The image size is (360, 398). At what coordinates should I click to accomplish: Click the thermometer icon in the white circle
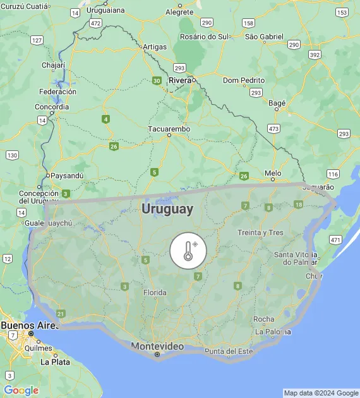(x=188, y=251)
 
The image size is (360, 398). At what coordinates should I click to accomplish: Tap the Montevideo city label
(x=157, y=346)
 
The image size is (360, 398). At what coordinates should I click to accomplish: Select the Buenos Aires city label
(x=26, y=325)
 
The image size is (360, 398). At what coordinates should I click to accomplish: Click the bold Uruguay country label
(x=167, y=208)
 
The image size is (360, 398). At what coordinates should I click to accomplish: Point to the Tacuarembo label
(x=169, y=129)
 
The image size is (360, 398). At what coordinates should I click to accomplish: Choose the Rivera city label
(x=180, y=80)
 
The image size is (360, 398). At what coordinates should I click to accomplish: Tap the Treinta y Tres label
(x=260, y=232)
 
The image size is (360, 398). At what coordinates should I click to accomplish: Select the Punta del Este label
(x=228, y=351)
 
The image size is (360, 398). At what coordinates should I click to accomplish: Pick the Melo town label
(x=273, y=172)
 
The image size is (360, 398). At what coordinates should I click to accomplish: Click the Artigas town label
(x=155, y=47)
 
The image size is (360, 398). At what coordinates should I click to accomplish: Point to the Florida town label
(x=155, y=292)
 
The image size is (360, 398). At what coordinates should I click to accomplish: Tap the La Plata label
(x=55, y=362)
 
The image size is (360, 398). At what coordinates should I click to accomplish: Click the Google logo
(x=21, y=390)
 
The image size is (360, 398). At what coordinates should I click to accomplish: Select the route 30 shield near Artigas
(x=156, y=80)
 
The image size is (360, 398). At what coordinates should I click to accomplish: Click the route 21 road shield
(x=61, y=313)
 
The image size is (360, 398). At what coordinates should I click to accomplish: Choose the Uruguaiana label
(x=105, y=10)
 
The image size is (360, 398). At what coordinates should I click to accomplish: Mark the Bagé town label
(x=277, y=102)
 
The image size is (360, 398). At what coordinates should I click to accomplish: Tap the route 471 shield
(x=335, y=239)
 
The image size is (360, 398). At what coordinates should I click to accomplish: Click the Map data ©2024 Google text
(x=320, y=393)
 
